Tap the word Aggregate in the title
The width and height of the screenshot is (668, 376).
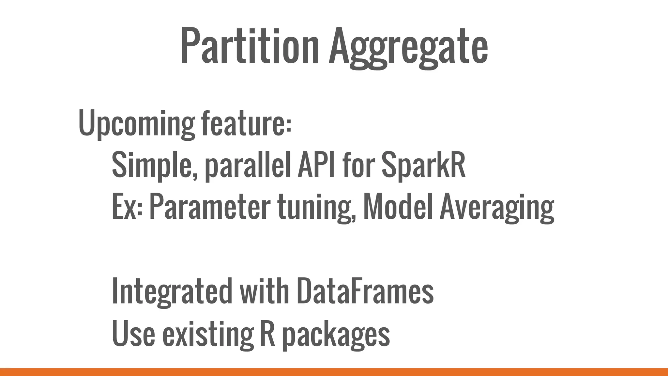pos(408,47)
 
